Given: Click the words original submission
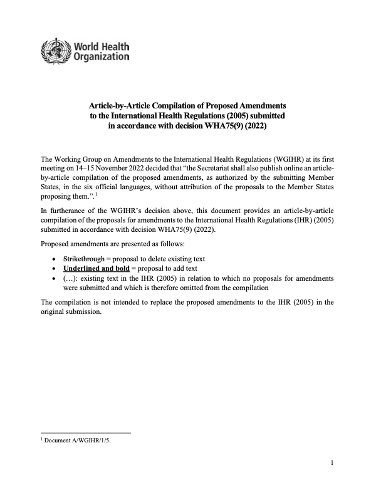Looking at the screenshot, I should point(70,311).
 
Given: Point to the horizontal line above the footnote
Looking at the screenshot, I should point(85,432).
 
